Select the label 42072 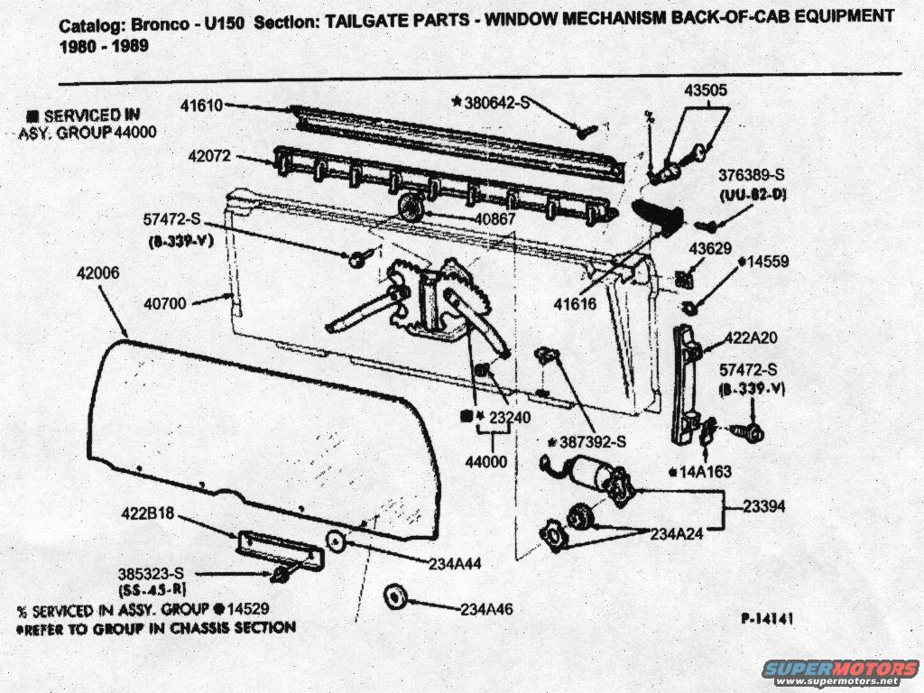209,155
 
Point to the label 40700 164,303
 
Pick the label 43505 706,90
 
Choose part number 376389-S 751,174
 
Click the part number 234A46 485,609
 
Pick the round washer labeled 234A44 335,541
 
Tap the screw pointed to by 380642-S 585,130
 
